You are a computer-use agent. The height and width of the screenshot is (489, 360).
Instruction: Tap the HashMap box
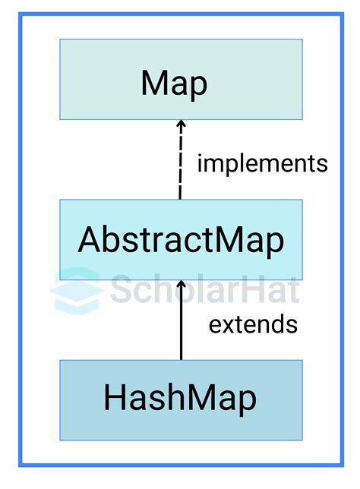181,399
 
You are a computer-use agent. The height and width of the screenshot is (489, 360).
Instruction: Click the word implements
263,164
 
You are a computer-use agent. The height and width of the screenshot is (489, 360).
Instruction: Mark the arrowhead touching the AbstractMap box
181,285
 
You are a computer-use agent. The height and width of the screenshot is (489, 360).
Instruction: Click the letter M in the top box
154,83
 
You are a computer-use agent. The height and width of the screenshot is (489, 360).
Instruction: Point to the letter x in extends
228,325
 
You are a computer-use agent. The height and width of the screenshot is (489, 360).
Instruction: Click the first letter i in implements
201,163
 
